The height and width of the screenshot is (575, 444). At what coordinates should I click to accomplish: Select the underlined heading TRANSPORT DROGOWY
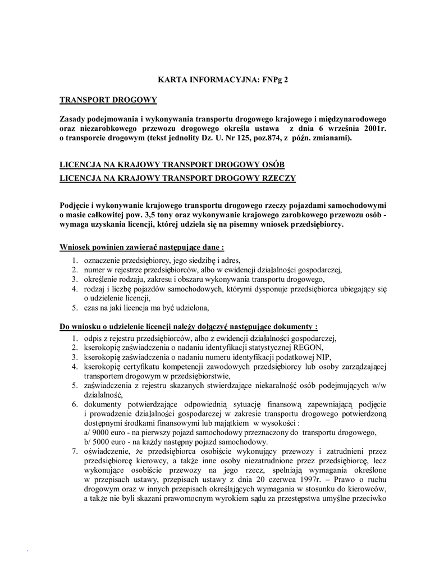pos(108,100)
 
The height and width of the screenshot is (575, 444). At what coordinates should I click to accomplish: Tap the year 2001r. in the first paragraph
pos(373,129)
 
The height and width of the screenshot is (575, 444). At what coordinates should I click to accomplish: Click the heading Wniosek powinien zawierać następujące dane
pos(142,247)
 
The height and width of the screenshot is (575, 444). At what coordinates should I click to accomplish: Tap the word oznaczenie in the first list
pos(102,261)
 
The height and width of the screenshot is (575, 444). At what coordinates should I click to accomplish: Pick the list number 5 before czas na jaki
pos(75,308)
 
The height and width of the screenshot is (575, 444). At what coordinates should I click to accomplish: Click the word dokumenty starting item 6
pos(104,404)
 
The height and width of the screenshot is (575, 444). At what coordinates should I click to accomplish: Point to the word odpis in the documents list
pos(93,338)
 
